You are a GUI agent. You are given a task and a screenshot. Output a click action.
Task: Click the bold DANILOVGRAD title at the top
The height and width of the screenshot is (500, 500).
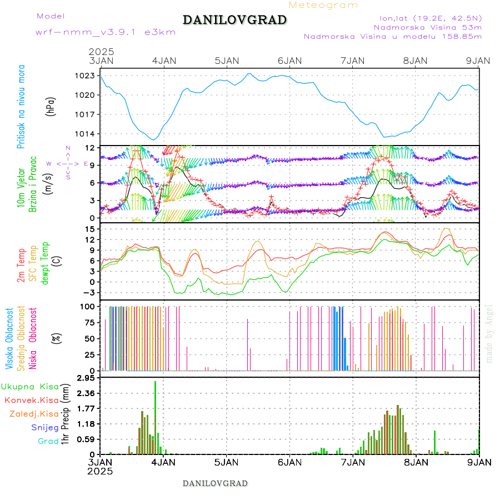point(234,20)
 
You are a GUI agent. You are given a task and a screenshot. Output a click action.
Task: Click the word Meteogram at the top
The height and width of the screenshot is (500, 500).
point(323,5)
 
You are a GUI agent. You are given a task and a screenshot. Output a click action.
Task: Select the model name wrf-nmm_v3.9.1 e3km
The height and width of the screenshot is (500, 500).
point(106,32)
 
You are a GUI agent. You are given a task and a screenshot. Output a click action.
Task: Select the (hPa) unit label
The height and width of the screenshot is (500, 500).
point(51,106)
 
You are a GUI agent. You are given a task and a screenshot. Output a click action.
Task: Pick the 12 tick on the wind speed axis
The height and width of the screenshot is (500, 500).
point(89,148)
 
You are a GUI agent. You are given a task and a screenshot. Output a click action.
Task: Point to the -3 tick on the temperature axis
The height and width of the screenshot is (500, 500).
point(88,292)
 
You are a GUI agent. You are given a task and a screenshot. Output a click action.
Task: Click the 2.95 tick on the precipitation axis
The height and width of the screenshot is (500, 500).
point(86,378)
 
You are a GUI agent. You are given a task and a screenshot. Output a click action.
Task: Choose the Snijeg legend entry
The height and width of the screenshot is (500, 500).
point(45,427)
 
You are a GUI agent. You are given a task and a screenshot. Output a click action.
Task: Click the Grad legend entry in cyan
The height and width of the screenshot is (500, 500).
point(48,441)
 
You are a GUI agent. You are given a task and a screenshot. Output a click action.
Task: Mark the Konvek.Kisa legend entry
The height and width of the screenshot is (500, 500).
point(32,400)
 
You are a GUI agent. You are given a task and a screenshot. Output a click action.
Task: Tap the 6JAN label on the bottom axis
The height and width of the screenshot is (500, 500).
point(289,462)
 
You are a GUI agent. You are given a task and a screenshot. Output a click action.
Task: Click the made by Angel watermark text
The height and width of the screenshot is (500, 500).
point(489,333)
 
